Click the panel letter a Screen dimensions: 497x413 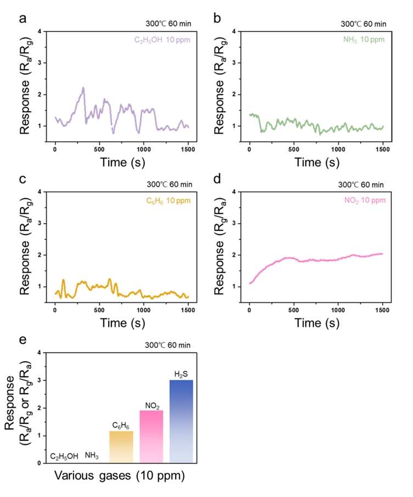click(23, 18)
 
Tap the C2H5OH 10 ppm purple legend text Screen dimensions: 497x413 click(163, 40)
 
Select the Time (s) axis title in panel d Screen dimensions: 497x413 click(315, 323)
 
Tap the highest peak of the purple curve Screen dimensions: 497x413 click(83, 87)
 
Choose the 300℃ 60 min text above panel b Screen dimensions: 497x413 click(364, 24)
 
